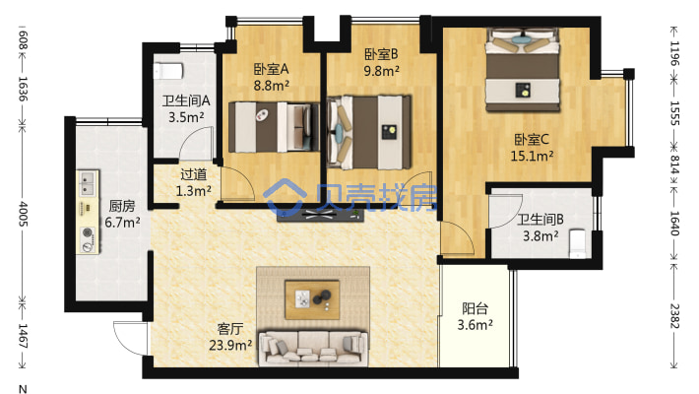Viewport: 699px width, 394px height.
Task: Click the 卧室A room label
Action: tap(270, 69)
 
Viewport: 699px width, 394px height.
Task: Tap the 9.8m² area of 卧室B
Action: tap(381, 70)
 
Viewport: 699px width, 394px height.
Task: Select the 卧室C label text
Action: tap(533, 139)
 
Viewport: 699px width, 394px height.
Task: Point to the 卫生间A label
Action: tap(183, 99)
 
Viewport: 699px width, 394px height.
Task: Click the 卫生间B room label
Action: tap(539, 220)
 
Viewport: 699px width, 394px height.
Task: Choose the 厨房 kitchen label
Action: tap(122, 206)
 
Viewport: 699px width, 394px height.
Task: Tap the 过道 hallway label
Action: tap(193, 174)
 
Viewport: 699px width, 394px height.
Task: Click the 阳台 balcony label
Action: tap(474, 306)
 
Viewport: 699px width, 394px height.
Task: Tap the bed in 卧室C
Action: tap(524, 64)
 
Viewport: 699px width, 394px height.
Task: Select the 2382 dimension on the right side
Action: tap(674, 315)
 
